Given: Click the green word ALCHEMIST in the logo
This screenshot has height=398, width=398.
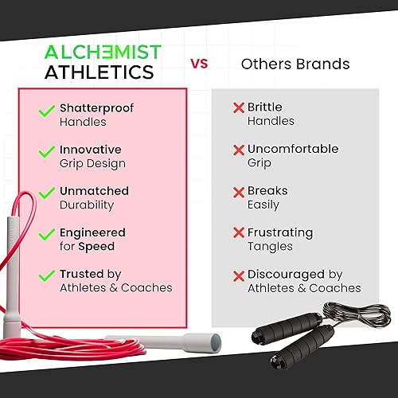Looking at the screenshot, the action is (x=103, y=52).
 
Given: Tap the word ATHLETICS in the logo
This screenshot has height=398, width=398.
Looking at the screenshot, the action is (x=99, y=72).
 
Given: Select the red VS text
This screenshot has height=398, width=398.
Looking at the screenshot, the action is (x=199, y=64).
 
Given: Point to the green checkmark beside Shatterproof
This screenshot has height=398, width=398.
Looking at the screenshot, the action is (x=46, y=111).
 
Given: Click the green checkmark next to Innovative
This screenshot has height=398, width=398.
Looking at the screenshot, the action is (x=46, y=151).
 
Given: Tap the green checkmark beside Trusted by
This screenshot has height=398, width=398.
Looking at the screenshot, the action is (x=46, y=275).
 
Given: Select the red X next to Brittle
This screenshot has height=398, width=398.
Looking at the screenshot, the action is (x=239, y=107).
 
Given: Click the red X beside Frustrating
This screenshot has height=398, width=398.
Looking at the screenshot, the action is (x=239, y=232).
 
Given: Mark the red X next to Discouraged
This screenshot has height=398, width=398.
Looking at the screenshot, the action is (x=239, y=276).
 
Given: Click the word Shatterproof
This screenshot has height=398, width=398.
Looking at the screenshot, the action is (x=96, y=108).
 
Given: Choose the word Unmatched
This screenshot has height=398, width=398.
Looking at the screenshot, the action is (x=94, y=191).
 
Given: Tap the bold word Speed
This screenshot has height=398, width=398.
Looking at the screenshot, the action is (x=96, y=247).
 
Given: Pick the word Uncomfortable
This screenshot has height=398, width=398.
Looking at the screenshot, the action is (x=293, y=149).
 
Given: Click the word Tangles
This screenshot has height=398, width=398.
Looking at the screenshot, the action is (x=270, y=247).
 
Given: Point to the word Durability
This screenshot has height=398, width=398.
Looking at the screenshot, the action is (x=87, y=205).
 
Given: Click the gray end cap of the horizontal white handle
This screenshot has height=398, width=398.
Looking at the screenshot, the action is (x=216, y=343).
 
